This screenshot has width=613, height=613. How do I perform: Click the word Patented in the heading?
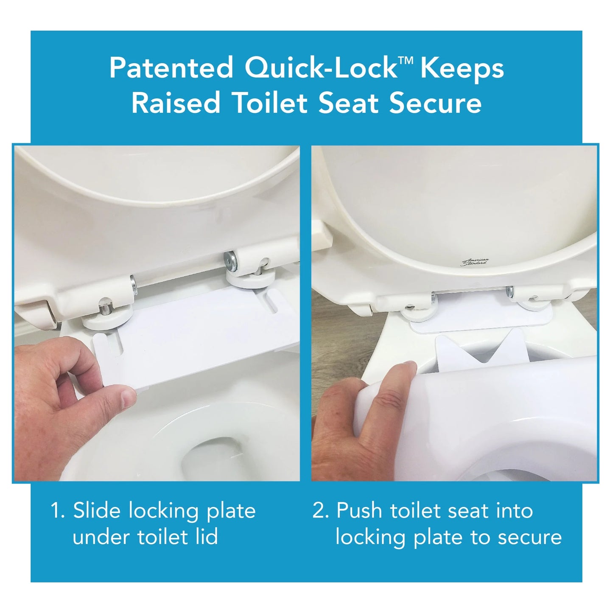tap(171, 67)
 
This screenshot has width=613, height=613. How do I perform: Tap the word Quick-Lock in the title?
tap(320, 68)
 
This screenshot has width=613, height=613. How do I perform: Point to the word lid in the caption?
tap(206, 537)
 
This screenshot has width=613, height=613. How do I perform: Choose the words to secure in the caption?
tap(516, 537)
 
